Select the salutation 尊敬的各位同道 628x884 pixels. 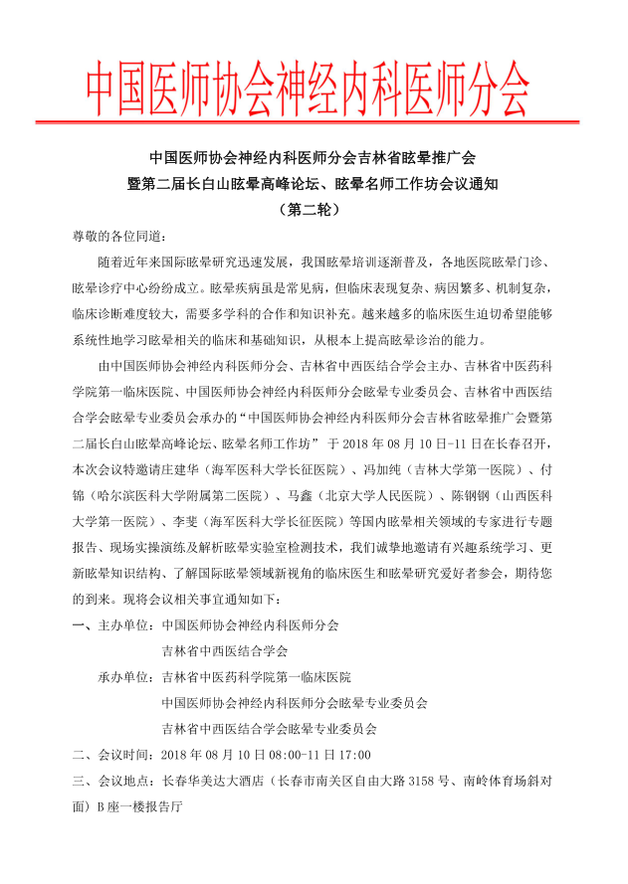112,237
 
